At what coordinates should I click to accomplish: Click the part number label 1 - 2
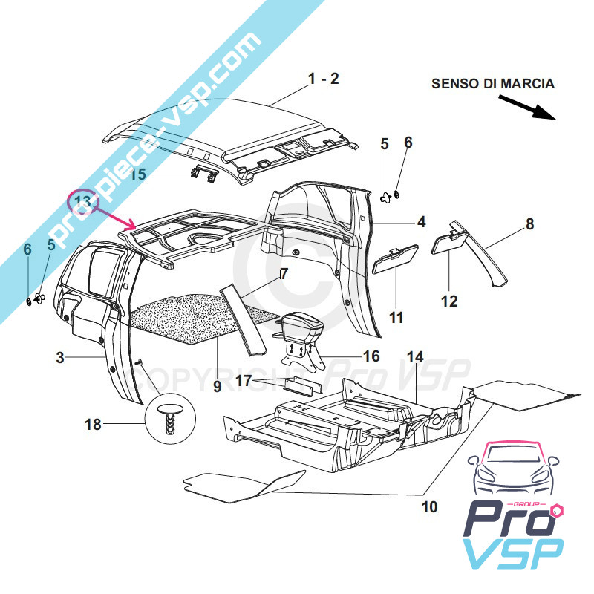click(x=324, y=79)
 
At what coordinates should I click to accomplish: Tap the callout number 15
click(x=139, y=174)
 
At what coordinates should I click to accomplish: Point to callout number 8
click(x=529, y=223)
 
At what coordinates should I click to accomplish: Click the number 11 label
click(x=396, y=318)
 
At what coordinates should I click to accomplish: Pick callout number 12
click(x=449, y=301)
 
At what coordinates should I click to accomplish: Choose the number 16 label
click(x=371, y=356)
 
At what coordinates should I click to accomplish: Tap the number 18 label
click(x=93, y=425)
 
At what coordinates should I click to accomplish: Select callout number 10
click(x=428, y=508)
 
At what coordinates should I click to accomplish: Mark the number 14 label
click(x=414, y=357)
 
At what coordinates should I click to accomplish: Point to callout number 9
click(x=218, y=386)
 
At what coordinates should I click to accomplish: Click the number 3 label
click(x=60, y=358)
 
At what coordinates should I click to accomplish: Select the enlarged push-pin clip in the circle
click(x=172, y=420)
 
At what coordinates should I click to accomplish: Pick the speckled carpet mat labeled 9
click(x=193, y=318)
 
